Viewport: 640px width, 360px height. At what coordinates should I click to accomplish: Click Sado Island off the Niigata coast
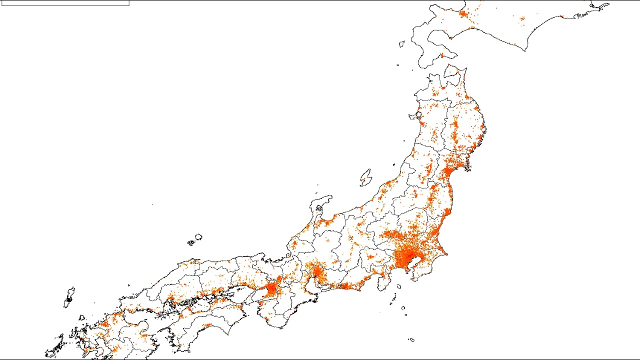pyautogui.click(x=366, y=177)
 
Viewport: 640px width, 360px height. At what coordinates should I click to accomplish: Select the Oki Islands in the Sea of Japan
pyautogui.click(x=197, y=238)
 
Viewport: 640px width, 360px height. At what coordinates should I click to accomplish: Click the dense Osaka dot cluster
pyautogui.click(x=272, y=288)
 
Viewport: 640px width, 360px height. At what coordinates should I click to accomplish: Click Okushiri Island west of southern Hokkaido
pyautogui.click(x=401, y=44)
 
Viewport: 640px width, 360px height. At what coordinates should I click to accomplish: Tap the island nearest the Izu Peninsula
pyautogui.click(x=398, y=287)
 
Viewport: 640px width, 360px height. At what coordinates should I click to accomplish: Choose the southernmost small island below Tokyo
pyautogui.click(x=411, y=340)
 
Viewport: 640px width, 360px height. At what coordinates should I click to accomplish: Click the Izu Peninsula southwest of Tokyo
pyautogui.click(x=383, y=283)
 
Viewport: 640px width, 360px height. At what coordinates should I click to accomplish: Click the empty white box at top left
pyautogui.click(x=65, y=3)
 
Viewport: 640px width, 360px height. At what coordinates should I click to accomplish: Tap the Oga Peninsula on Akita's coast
pyautogui.click(x=414, y=116)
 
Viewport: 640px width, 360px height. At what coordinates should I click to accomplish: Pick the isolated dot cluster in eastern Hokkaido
pyautogui.click(x=522, y=19)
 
